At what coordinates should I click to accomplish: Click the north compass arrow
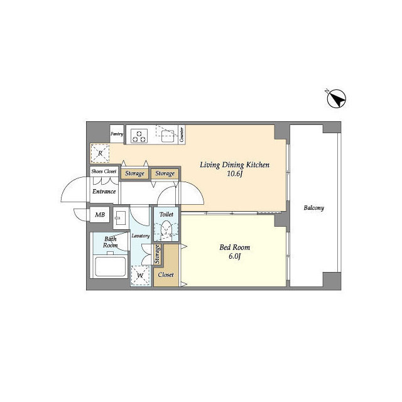coord(337,99)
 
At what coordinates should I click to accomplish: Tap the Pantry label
coord(117,134)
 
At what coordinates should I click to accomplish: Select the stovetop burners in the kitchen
coord(139,134)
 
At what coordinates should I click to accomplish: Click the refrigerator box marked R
coord(99,153)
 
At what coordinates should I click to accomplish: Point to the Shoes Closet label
coord(104,171)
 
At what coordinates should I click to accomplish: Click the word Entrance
coord(104,192)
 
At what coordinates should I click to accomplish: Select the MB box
coord(100,215)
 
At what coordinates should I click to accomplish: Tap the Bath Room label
coord(111,242)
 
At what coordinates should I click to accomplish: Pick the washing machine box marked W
coord(141,274)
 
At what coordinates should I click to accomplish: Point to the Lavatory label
coord(140,236)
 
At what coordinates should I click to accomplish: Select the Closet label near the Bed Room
coord(166,275)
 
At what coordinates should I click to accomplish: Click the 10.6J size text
coord(234,175)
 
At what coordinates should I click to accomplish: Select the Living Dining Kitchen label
coord(234,165)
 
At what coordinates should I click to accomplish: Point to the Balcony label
coord(313,208)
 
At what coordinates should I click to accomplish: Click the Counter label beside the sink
coord(181,134)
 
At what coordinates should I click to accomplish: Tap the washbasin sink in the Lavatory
coord(122,217)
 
